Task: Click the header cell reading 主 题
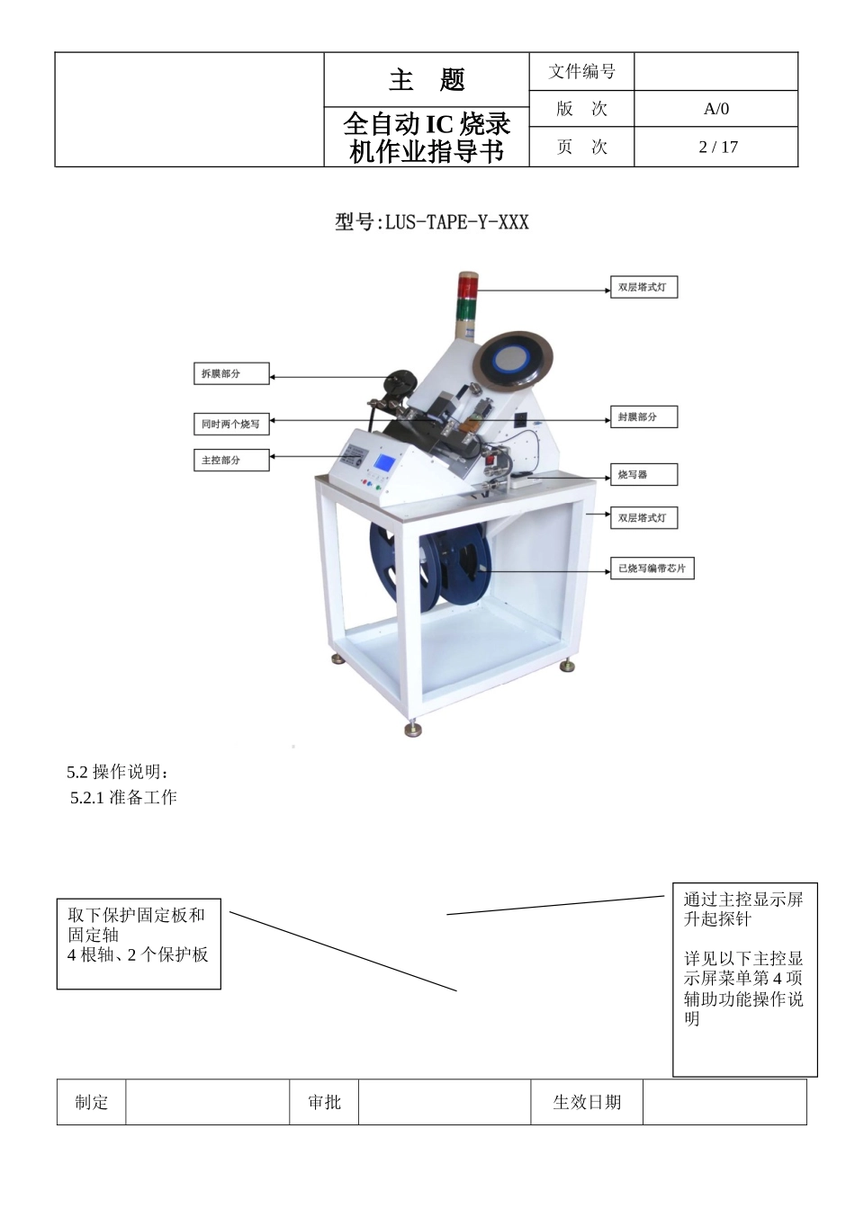427,80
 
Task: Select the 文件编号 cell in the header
581,71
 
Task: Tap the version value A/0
716,109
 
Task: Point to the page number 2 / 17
717,147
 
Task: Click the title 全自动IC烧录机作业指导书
427,138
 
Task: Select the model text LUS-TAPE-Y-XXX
432,221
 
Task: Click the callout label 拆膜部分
231,373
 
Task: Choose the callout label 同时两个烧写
231,424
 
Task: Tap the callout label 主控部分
231,460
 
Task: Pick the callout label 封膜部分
643,416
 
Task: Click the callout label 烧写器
643,474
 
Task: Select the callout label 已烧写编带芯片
652,569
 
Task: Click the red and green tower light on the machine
467,303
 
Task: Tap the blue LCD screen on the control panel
385,465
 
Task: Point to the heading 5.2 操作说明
118,772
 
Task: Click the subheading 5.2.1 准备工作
124,797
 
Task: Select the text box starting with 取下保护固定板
139,943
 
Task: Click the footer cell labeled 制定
92,1102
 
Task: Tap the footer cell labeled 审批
324,1102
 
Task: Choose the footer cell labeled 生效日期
587,1102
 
